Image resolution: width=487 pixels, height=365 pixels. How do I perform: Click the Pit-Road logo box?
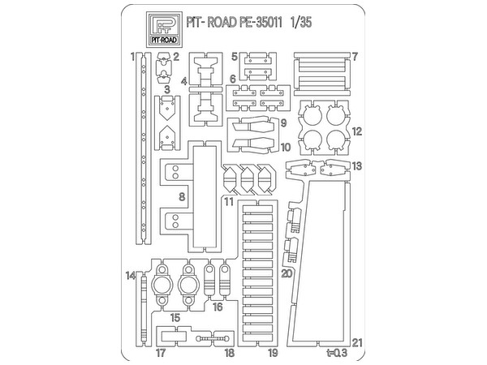(x=164, y=29)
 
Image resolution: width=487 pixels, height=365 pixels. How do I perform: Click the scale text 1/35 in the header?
(x=300, y=23)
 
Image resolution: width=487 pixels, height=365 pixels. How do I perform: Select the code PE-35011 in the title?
(x=261, y=23)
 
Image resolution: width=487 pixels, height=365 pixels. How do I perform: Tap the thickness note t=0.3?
(x=337, y=353)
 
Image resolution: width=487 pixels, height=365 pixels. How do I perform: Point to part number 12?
(x=357, y=131)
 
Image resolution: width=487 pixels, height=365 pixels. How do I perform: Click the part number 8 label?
(x=182, y=197)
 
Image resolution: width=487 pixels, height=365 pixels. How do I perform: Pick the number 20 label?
(x=287, y=274)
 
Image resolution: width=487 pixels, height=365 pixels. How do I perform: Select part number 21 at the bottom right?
(x=357, y=342)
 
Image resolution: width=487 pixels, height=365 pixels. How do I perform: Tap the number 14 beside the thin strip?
(x=131, y=275)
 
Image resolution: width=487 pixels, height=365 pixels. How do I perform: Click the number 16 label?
(x=218, y=307)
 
